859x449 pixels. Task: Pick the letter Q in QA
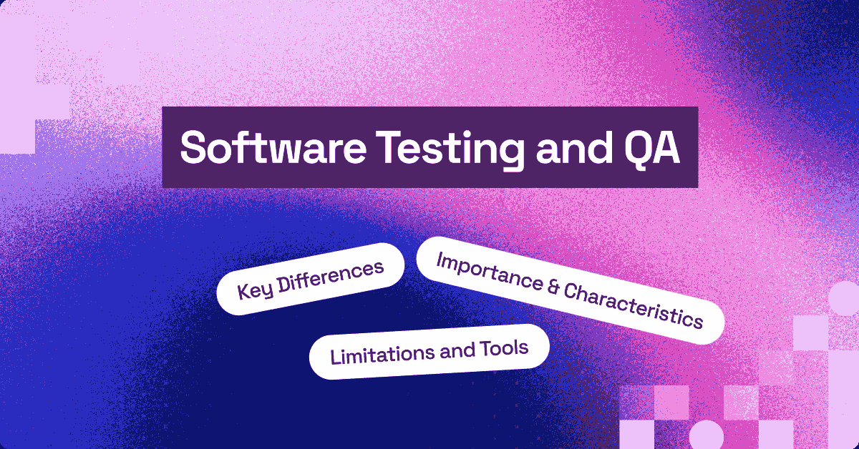click(x=634, y=148)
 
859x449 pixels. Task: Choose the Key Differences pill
click(x=311, y=279)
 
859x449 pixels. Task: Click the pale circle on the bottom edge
click(x=706, y=435)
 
